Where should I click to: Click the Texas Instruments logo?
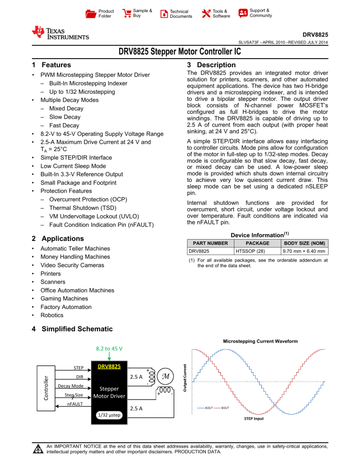coord(60,33)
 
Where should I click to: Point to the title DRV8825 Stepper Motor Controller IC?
coord(180,52)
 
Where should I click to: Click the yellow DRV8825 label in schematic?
coord(109,366)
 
